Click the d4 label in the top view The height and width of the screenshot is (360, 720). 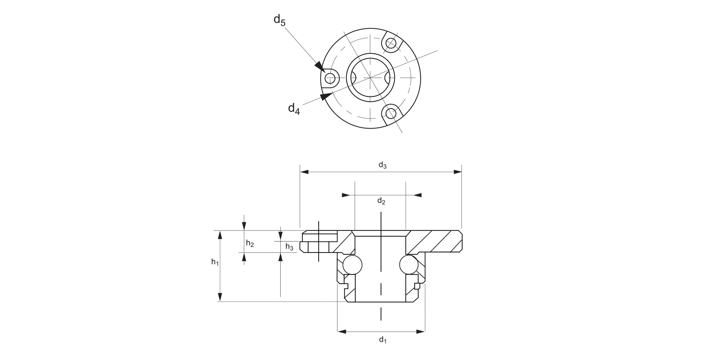point(294,108)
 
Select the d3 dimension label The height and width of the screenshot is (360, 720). point(382,165)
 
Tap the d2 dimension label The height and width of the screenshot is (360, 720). point(381,201)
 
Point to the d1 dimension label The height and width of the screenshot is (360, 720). point(382,340)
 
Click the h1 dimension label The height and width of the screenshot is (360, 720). point(215,262)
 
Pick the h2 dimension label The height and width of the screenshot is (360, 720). point(250,243)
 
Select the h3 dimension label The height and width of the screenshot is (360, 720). point(289,247)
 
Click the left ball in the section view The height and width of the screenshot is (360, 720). point(353,264)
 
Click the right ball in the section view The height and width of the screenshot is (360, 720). point(408,264)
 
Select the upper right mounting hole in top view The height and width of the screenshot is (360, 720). point(391,44)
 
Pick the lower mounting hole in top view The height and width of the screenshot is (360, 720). point(391,114)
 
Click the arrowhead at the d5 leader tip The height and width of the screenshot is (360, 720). point(319,66)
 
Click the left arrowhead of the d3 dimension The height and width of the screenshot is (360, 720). point(304,171)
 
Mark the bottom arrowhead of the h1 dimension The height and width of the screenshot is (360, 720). point(220,297)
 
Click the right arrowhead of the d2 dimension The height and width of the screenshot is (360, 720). point(418,195)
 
